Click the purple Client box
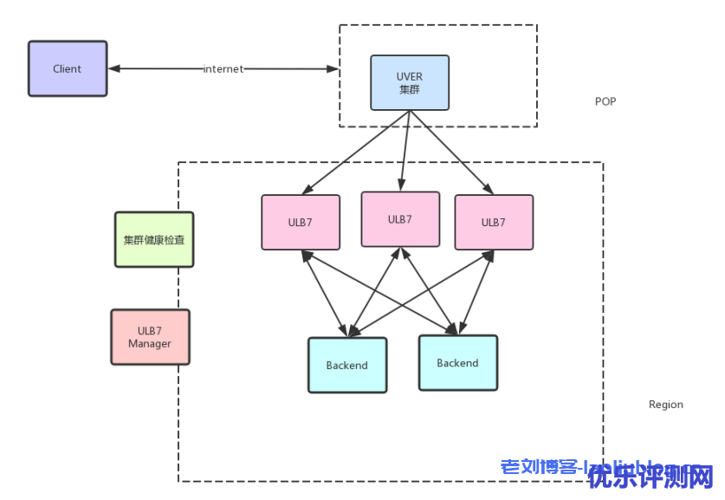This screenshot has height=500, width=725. point(68,68)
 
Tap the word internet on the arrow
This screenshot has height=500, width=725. point(223,68)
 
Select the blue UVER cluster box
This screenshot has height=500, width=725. point(410,83)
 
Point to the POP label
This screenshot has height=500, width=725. point(605,101)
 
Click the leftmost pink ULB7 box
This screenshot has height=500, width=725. point(301,223)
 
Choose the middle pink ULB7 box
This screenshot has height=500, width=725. point(399,219)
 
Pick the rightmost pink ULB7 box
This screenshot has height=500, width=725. point(494,223)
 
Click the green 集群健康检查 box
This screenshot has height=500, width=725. point(154,240)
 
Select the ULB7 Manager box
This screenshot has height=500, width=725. point(150,337)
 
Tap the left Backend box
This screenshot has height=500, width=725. point(346,366)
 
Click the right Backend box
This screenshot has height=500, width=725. point(457,363)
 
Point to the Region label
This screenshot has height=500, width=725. point(665,405)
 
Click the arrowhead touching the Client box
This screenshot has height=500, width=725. point(113,68)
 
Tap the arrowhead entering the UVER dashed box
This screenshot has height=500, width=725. point(332,68)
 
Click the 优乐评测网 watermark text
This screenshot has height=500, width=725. point(651,476)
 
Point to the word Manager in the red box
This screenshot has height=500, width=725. point(150,344)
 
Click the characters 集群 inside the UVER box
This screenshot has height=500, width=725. point(410,89)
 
